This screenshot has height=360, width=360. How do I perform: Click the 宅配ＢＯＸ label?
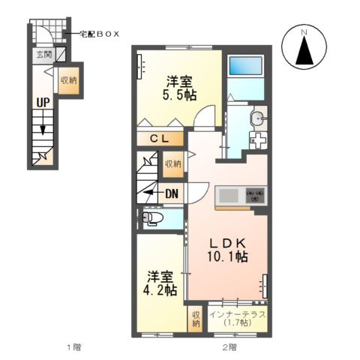point(99,34)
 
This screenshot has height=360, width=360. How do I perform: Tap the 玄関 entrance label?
point(44,55)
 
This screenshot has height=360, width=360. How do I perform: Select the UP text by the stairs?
point(43,103)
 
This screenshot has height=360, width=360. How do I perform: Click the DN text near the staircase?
point(172,193)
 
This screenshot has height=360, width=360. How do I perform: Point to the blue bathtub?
point(246,65)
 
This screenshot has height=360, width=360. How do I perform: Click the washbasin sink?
point(257,118)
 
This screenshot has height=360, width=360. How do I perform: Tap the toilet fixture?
point(152,219)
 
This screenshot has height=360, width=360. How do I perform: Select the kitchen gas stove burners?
point(255,195)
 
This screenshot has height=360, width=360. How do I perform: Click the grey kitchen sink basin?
point(229,196)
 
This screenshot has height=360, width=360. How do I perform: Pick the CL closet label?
point(160,139)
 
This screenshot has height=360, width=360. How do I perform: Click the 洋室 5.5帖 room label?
point(179,88)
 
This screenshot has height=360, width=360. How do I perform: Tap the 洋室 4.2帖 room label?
point(160,283)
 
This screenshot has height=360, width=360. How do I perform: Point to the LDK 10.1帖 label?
point(227,250)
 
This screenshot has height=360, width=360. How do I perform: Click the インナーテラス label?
point(237,314)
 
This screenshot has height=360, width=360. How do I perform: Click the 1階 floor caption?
point(74,346)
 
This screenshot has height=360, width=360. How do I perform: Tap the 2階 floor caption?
point(229,346)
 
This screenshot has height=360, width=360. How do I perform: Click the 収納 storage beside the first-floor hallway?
point(69,80)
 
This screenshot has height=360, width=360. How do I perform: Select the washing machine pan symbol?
point(258,141)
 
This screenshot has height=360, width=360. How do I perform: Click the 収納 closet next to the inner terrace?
point(196,319)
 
